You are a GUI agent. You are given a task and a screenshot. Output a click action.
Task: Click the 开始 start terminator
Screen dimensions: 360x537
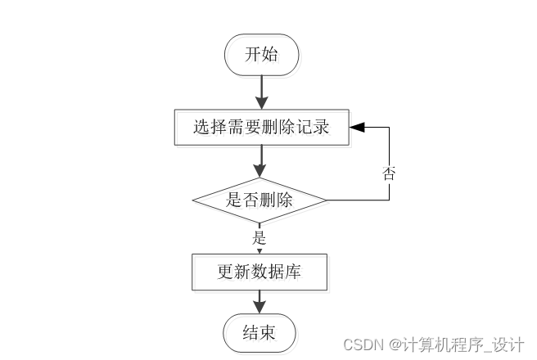pyautogui.click(x=261, y=55)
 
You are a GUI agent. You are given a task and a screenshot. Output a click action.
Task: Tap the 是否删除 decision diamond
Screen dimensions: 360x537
pyautogui.click(x=259, y=200)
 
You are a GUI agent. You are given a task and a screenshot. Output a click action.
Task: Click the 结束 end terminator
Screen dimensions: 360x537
pyautogui.click(x=259, y=333)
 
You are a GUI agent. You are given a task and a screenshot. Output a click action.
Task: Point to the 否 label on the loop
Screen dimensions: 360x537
pyautogui.click(x=389, y=173)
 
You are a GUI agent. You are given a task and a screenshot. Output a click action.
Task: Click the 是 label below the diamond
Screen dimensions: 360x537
pyautogui.click(x=259, y=238)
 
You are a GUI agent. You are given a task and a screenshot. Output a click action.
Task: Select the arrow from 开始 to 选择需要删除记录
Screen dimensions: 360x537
pyautogui.click(x=260, y=92)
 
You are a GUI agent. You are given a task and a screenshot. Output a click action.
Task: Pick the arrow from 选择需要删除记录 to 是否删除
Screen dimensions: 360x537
pyautogui.click(x=260, y=161)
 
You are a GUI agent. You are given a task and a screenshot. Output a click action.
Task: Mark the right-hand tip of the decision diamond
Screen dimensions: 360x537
pyautogui.click(x=326, y=200)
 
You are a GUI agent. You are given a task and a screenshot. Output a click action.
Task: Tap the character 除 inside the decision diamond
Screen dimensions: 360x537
pyautogui.click(x=287, y=200)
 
